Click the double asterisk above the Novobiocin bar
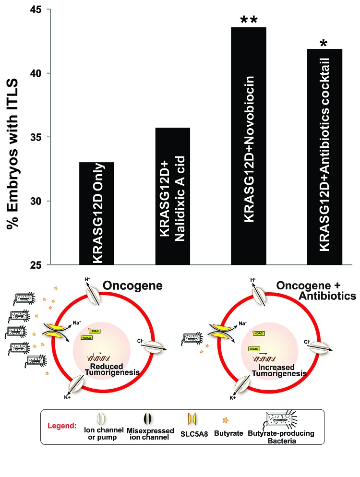click(249, 20)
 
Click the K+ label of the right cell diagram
click(232, 398)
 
